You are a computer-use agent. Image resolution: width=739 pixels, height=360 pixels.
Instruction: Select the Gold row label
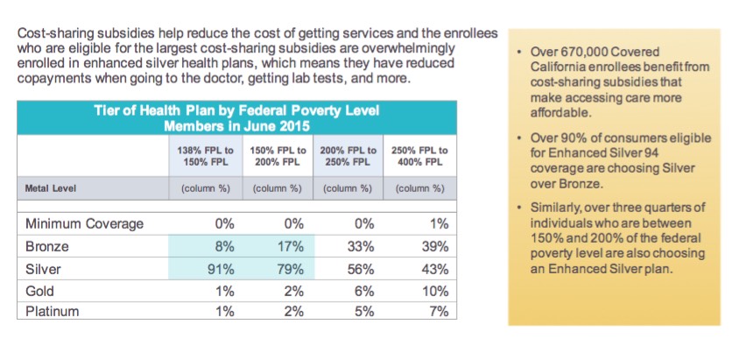(41, 290)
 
